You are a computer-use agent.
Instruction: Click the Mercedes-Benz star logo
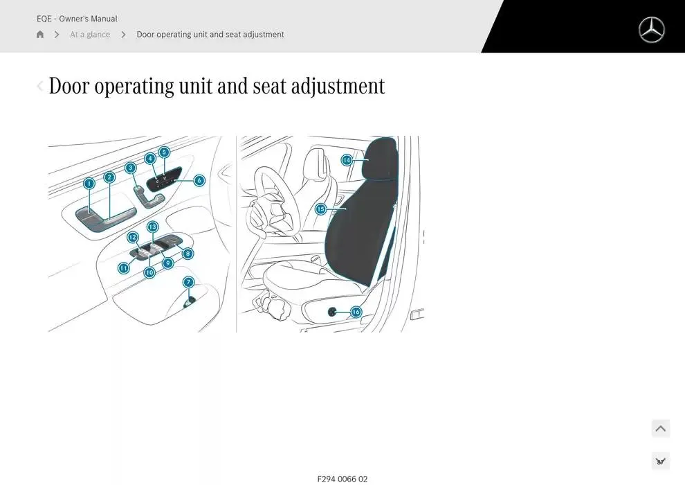point(651,30)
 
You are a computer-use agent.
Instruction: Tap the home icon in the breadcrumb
point(40,35)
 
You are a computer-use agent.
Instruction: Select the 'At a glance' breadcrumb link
point(90,35)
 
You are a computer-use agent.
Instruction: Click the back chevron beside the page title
point(40,86)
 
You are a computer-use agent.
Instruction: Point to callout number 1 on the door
point(89,184)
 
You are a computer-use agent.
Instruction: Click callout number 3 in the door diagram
point(131,168)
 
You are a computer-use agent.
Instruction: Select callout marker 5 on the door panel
point(164,152)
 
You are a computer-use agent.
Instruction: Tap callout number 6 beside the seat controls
point(199,180)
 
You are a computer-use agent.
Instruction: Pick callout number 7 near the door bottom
point(188,282)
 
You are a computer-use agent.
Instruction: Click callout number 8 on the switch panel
point(188,254)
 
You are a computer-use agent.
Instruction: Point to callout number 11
point(124,267)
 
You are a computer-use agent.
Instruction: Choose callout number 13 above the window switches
point(152,227)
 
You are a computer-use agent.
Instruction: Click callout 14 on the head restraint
point(347,160)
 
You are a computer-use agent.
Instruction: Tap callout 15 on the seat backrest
point(320,209)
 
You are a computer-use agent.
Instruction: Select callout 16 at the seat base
point(356,312)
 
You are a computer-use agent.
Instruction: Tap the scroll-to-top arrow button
point(661,429)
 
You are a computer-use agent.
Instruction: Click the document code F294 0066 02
point(342,479)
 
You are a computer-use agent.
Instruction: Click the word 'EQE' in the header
point(45,19)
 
